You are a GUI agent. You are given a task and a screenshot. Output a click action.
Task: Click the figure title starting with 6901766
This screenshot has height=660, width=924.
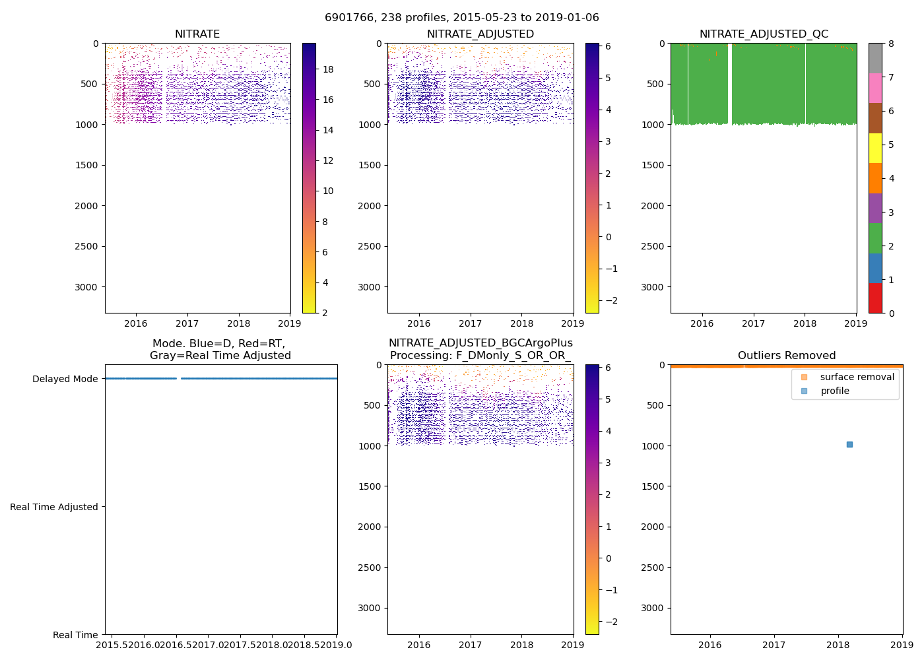pos(462,18)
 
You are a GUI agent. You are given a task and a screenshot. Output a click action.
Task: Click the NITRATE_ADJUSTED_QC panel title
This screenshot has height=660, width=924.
pos(764,34)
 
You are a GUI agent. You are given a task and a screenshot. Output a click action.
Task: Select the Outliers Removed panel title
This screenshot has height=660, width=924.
pos(787,356)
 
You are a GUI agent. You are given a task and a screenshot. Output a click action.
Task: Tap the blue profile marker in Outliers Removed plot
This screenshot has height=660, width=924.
pos(849,444)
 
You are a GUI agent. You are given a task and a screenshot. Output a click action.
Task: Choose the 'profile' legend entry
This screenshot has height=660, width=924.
pos(834,391)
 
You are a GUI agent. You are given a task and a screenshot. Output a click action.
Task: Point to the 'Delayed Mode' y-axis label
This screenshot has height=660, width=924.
pos(65,379)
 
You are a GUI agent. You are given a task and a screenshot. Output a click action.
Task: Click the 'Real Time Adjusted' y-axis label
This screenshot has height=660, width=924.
pos(54,507)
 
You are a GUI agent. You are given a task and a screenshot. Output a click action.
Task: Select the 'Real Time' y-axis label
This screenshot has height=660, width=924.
pos(75,635)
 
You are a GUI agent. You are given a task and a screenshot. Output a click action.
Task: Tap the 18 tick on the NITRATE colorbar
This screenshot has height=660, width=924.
pos(327,69)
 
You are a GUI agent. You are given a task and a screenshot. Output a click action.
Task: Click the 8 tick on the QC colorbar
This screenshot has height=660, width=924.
pos(891,44)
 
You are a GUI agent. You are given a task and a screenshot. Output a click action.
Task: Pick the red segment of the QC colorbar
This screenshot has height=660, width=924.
pos(875,298)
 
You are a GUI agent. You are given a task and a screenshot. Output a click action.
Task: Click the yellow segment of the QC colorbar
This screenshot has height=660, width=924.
pos(875,148)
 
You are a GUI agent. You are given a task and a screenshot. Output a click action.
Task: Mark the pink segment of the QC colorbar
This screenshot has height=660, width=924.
pos(875,88)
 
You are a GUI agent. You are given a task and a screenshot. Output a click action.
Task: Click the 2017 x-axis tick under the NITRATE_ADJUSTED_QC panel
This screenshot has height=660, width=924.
pos(753,323)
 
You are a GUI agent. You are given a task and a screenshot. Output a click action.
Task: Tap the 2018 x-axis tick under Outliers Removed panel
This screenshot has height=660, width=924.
pos(838,645)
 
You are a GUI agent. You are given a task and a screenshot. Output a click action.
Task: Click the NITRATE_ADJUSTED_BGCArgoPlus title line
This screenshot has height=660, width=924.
pos(480,343)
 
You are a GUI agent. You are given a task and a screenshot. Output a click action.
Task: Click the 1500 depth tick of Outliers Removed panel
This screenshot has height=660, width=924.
pos(653,486)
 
